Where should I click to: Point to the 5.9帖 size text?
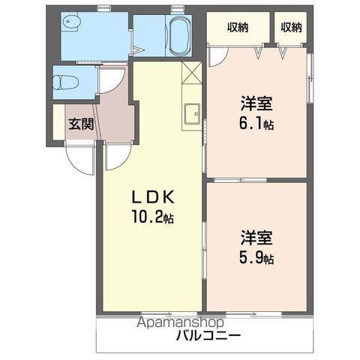257,259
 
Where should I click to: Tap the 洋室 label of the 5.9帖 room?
256,239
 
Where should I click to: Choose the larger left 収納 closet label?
238,28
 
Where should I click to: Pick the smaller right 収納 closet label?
292,28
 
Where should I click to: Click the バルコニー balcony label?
208,334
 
